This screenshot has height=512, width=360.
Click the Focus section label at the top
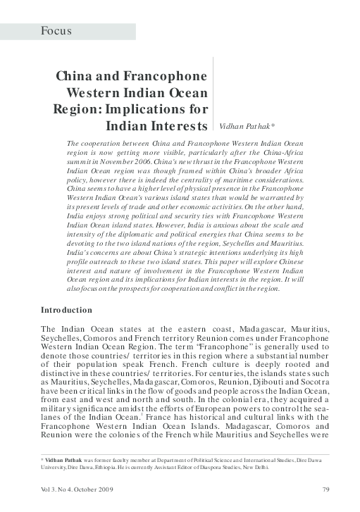(x=56, y=31)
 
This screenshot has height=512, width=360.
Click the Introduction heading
(x=66, y=310)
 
